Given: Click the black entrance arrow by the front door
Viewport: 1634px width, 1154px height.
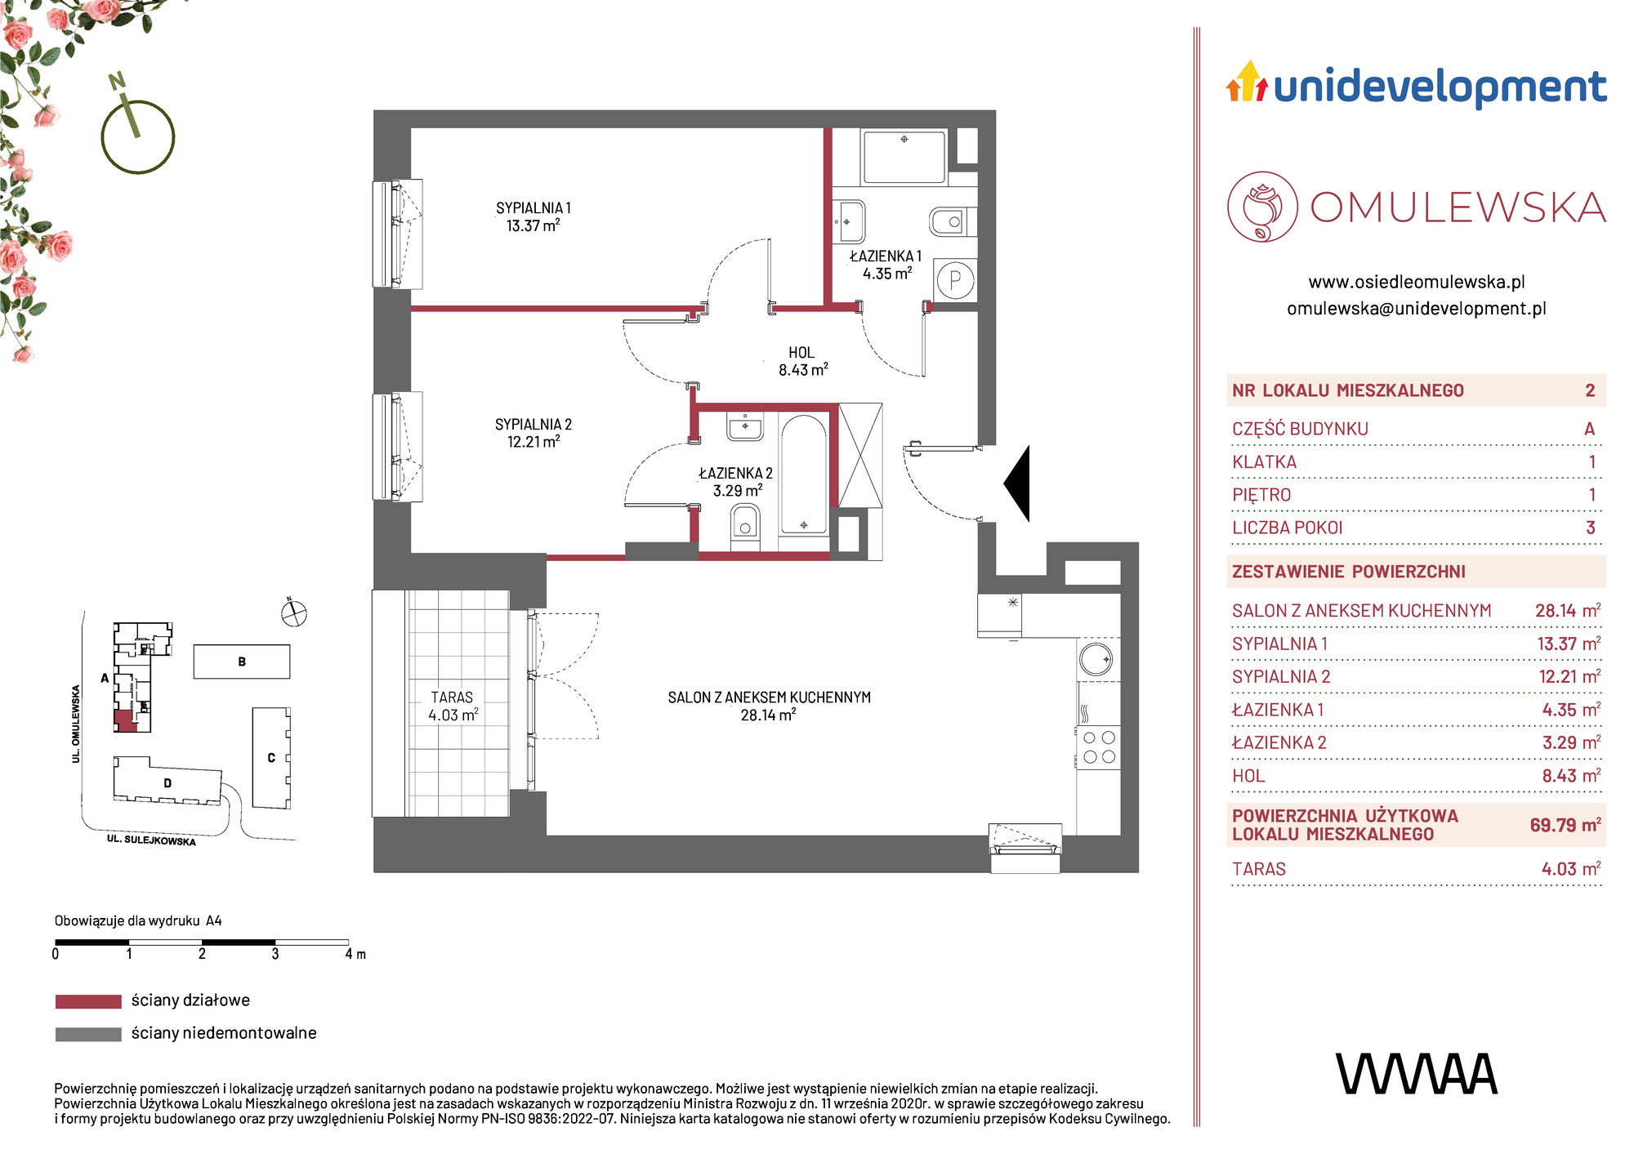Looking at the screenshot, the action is click(1018, 483).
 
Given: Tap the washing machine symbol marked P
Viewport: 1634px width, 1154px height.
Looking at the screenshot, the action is click(955, 281).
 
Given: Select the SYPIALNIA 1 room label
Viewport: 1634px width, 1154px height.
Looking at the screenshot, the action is click(534, 217).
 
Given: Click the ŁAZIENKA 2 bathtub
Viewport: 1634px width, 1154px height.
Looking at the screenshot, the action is click(804, 474).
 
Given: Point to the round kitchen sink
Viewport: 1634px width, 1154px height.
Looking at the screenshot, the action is click(1096, 659).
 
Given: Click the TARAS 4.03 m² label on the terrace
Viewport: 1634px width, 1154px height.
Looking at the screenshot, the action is click(453, 706).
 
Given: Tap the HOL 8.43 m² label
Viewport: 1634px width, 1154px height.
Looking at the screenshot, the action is click(802, 361).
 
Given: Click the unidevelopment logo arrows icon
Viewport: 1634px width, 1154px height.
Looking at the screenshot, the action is click(1247, 81).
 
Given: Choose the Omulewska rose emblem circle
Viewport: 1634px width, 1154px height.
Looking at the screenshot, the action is click(1262, 207).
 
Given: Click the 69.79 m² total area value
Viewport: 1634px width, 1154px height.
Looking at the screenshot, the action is click(1565, 825).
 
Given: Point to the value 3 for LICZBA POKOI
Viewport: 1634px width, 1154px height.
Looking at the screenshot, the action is click(1590, 528).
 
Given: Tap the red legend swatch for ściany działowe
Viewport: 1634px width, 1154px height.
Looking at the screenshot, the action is click(88, 1001).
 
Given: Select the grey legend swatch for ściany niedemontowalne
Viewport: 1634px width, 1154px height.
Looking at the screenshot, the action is click(88, 1034).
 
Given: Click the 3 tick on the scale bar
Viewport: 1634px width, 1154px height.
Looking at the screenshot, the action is click(275, 954).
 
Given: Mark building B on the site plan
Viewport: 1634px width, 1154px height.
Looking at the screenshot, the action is click(242, 662).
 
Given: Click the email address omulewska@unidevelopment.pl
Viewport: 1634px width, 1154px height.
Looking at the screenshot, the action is click(1417, 309).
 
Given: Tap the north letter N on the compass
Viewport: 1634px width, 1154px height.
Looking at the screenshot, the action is click(118, 81).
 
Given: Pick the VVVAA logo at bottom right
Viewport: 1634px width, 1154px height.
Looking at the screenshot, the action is click(1417, 1074).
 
